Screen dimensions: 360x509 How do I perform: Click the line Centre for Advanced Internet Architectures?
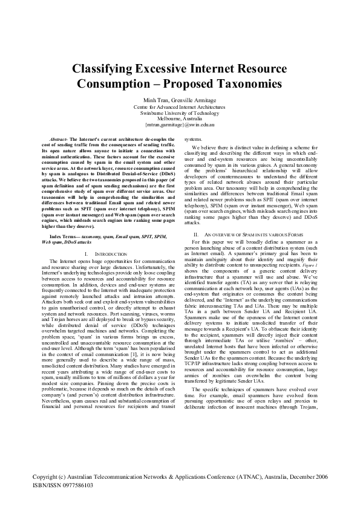(180, 107)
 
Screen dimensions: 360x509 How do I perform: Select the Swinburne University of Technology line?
(180, 113)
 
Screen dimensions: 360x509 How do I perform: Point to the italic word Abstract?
(59, 140)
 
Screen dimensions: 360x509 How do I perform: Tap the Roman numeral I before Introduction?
(87, 237)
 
